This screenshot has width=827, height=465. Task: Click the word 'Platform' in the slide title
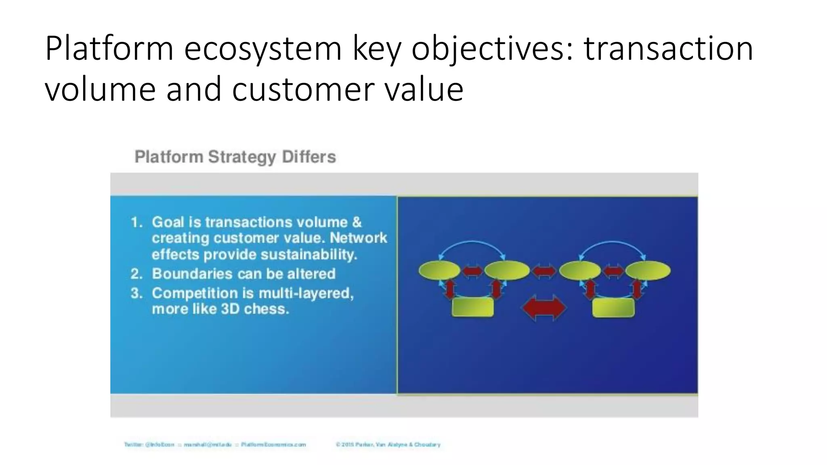pyautogui.click(x=109, y=49)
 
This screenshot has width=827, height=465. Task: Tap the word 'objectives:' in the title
pyautogui.click(x=493, y=49)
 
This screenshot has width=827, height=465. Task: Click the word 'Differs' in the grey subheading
pyautogui.click(x=309, y=157)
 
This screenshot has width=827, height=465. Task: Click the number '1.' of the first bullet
pyautogui.click(x=137, y=222)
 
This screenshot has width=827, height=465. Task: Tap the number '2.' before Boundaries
pyautogui.click(x=136, y=274)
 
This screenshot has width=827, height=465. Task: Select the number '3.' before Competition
pyautogui.click(x=137, y=293)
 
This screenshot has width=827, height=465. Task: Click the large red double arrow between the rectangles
pyautogui.click(x=544, y=308)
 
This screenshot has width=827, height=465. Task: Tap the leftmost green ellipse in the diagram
pyautogui.click(x=439, y=270)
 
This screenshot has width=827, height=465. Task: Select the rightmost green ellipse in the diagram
pyautogui.click(x=648, y=270)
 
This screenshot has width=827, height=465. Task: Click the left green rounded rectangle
pyautogui.click(x=472, y=308)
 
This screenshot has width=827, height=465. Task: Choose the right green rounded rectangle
pyautogui.click(x=613, y=308)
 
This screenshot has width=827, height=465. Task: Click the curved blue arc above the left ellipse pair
pyautogui.click(x=472, y=242)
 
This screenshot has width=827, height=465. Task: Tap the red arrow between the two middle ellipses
pyautogui.click(x=544, y=271)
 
